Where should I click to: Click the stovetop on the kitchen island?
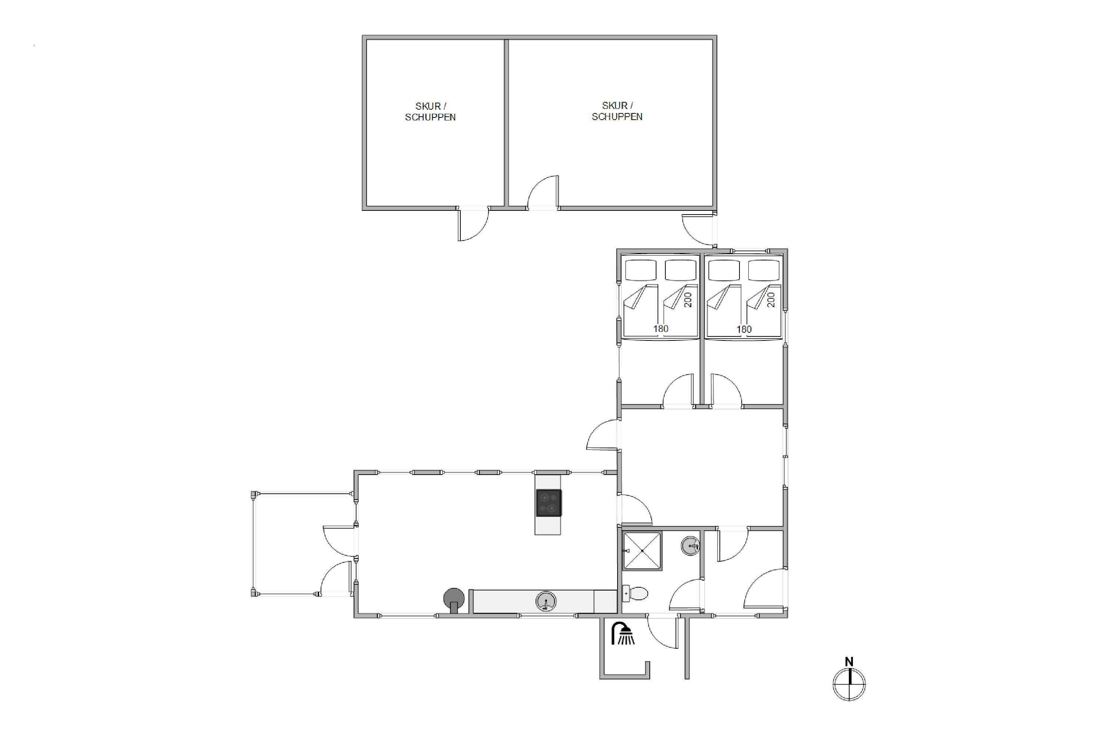click(x=549, y=503)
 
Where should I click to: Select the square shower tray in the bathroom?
click(x=642, y=551)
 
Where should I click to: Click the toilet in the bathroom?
click(x=635, y=593)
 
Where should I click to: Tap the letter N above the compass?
click(x=849, y=662)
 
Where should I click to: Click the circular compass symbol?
click(x=849, y=684)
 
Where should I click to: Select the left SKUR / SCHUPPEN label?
click(x=430, y=112)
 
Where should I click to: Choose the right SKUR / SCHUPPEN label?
click(x=617, y=111)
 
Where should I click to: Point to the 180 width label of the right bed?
click(x=744, y=329)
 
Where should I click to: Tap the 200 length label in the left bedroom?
click(x=688, y=300)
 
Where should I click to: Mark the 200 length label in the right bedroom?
click(x=771, y=300)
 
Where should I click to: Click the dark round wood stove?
click(x=454, y=599)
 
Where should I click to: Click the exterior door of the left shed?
click(x=473, y=225)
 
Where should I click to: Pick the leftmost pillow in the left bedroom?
click(x=641, y=270)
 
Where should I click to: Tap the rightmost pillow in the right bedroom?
click(x=764, y=270)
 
